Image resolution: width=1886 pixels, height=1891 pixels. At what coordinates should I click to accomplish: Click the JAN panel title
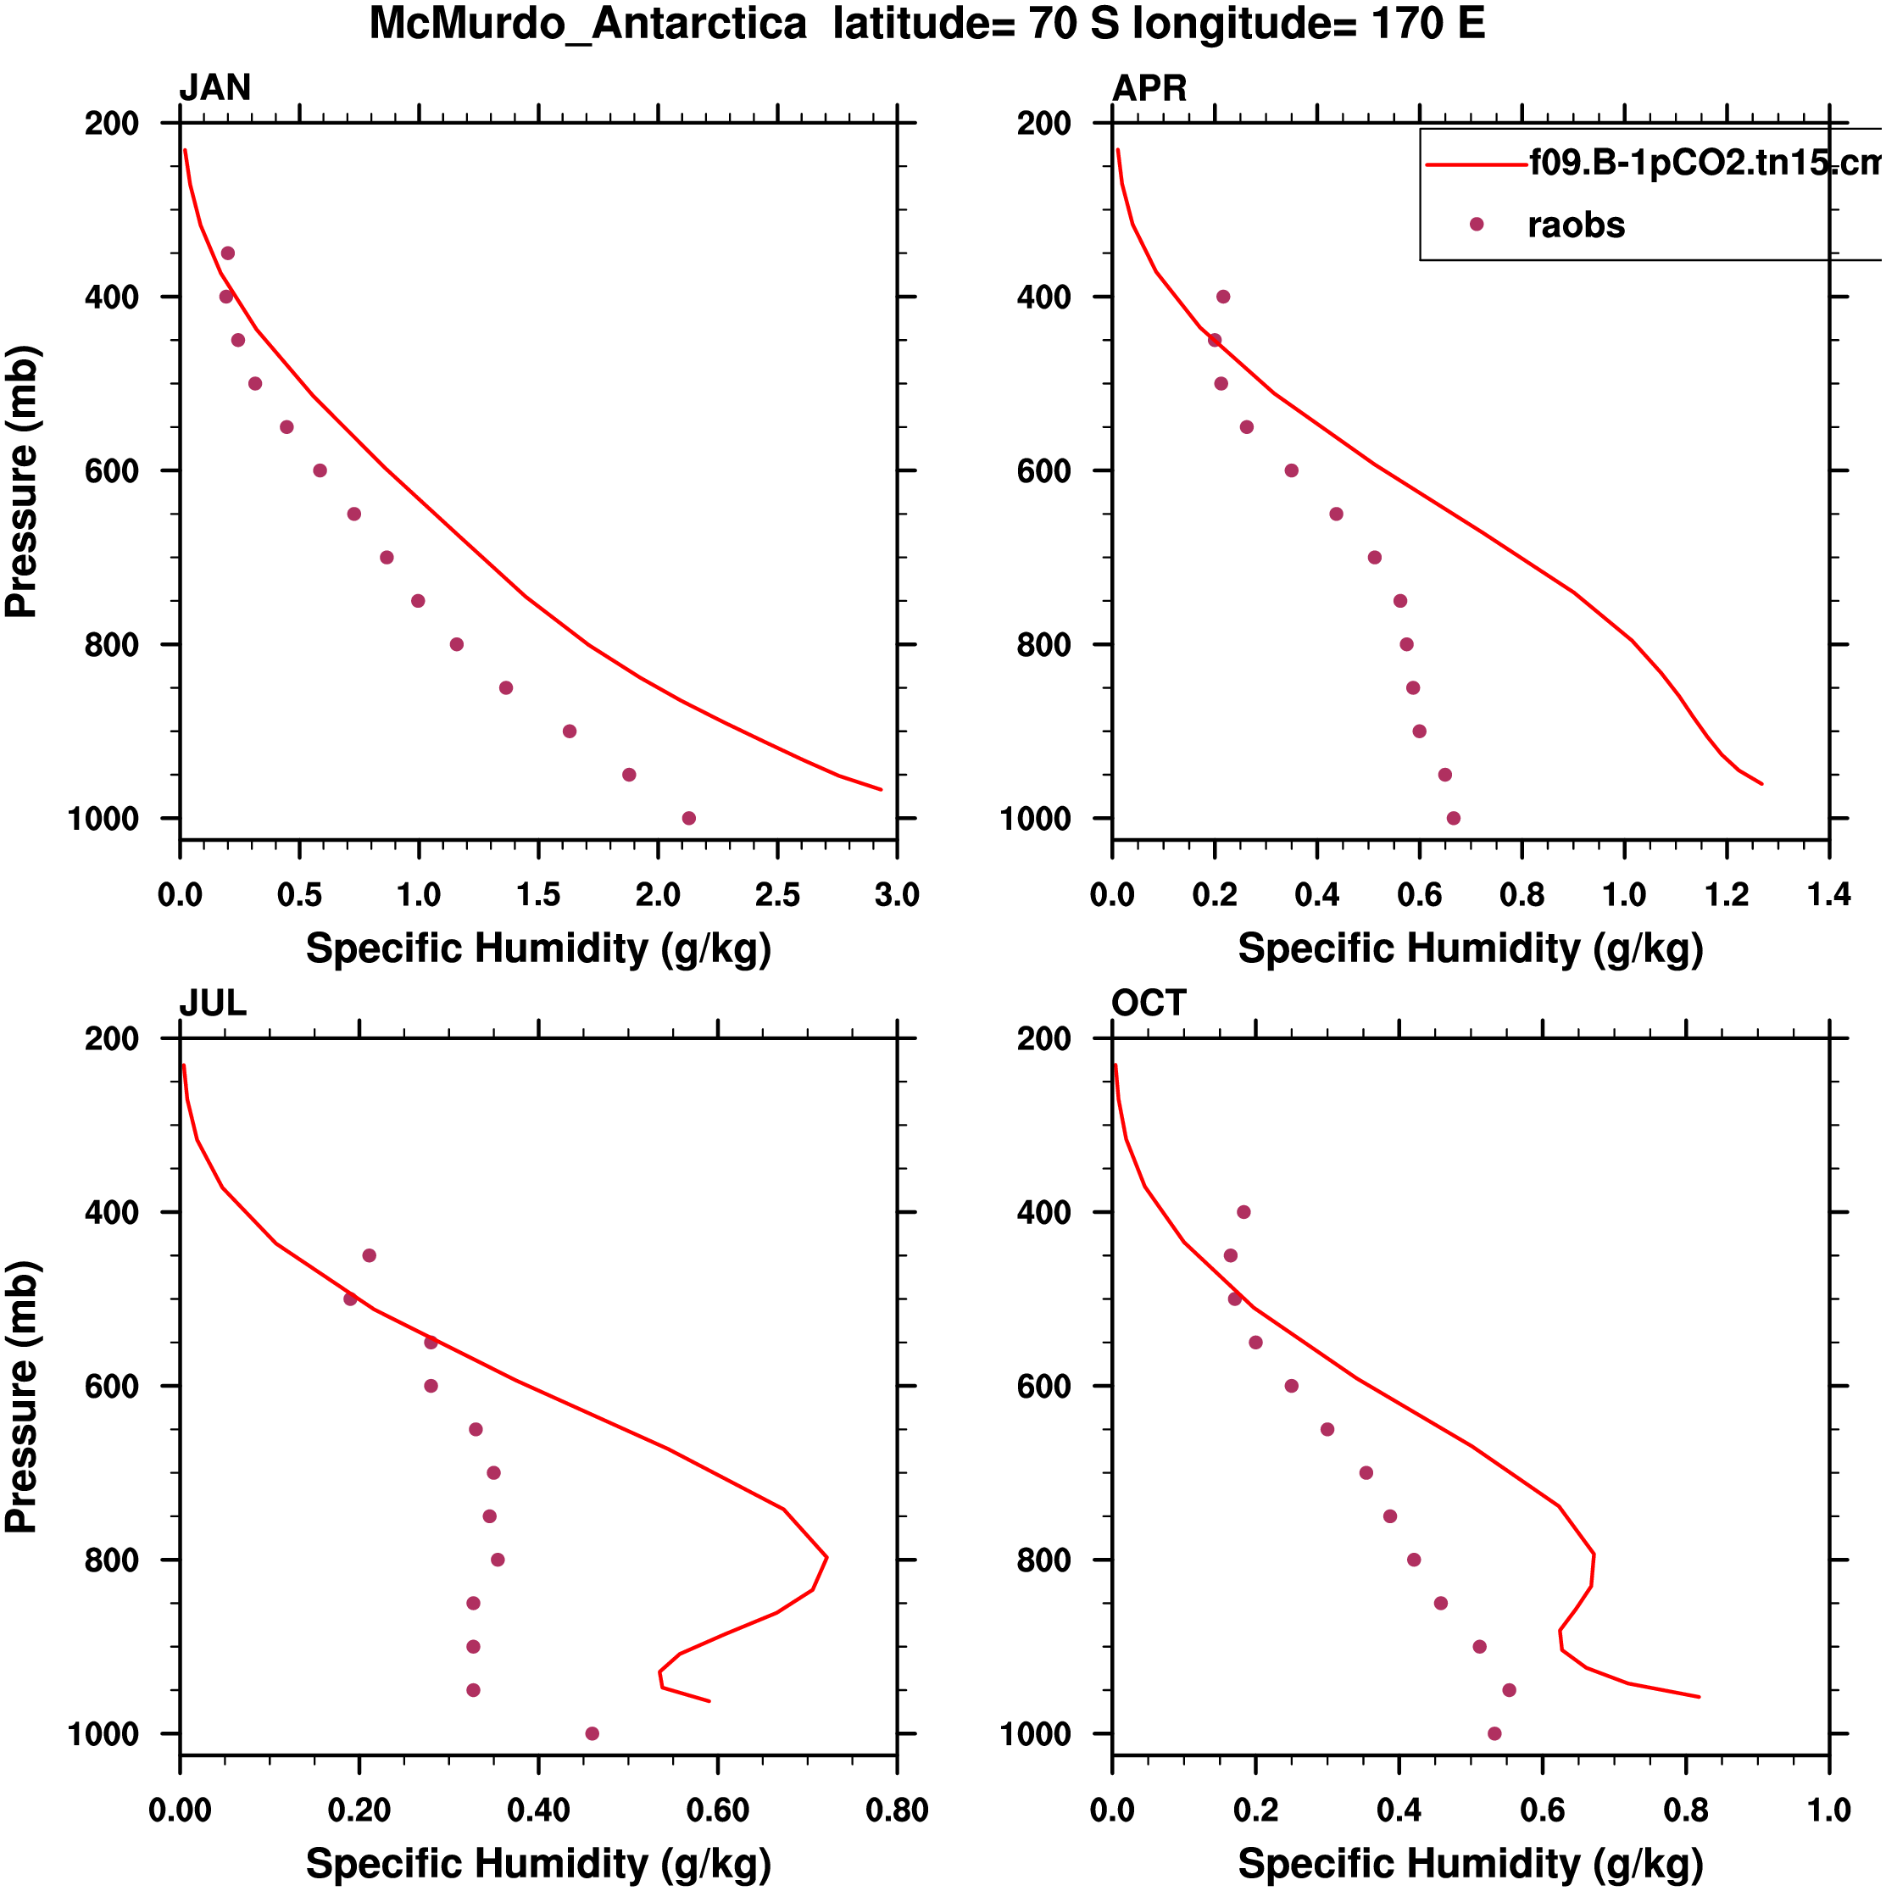214,88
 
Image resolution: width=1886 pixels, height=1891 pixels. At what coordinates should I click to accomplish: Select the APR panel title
1149,88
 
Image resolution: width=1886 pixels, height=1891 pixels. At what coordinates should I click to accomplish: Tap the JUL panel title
213,1004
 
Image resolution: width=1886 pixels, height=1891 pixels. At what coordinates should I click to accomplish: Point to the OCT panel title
1148,1004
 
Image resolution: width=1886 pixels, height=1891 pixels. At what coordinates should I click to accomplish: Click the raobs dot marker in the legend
1476,224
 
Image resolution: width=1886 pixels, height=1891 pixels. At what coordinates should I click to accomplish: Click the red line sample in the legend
1476,164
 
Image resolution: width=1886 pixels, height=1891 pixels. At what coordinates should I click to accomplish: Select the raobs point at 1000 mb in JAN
689,818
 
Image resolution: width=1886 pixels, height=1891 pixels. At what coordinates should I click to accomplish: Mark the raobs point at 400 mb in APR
1223,297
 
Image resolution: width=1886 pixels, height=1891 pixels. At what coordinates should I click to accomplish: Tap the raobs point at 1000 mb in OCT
1494,1733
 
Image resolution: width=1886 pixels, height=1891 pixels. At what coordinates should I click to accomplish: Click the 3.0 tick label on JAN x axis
897,894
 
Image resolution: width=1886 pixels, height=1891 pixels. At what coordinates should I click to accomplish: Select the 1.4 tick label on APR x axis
1828,894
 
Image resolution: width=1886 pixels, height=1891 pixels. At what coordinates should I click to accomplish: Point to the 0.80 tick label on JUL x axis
897,1810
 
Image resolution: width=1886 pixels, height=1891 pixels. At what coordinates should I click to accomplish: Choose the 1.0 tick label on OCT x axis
1828,1810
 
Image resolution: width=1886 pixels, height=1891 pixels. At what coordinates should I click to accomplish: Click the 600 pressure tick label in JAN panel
112,470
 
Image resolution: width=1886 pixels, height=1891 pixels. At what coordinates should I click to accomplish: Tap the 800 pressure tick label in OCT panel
1043,1560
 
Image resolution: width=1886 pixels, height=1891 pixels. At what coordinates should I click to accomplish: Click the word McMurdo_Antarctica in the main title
587,24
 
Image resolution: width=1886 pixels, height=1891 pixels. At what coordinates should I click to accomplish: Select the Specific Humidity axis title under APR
1470,948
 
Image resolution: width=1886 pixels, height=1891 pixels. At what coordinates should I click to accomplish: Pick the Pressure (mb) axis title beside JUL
21,1397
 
